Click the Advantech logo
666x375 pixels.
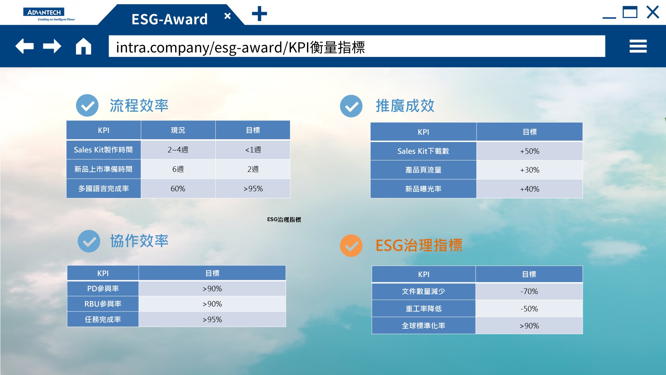coord(49,15)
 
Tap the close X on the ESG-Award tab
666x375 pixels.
coord(228,16)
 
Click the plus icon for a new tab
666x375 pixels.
coord(259,14)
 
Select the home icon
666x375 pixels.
coord(84,46)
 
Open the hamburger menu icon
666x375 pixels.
coord(638,46)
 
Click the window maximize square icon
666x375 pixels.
coord(630,12)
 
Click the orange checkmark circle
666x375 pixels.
coord(351,245)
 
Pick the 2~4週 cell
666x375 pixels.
coord(178,150)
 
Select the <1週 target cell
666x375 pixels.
coord(253,150)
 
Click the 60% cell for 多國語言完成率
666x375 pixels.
coord(178,189)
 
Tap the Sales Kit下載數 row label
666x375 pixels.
coord(423,151)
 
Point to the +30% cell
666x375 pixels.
coord(530,170)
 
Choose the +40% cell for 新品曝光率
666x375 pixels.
coord(530,189)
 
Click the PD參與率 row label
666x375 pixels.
coord(103,289)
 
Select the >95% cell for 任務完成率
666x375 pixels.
coord(212,319)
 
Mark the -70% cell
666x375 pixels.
coord(529,291)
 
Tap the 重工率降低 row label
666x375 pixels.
coord(424,309)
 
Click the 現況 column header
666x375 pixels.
coord(178,130)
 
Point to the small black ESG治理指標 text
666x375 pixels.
coord(284,219)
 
